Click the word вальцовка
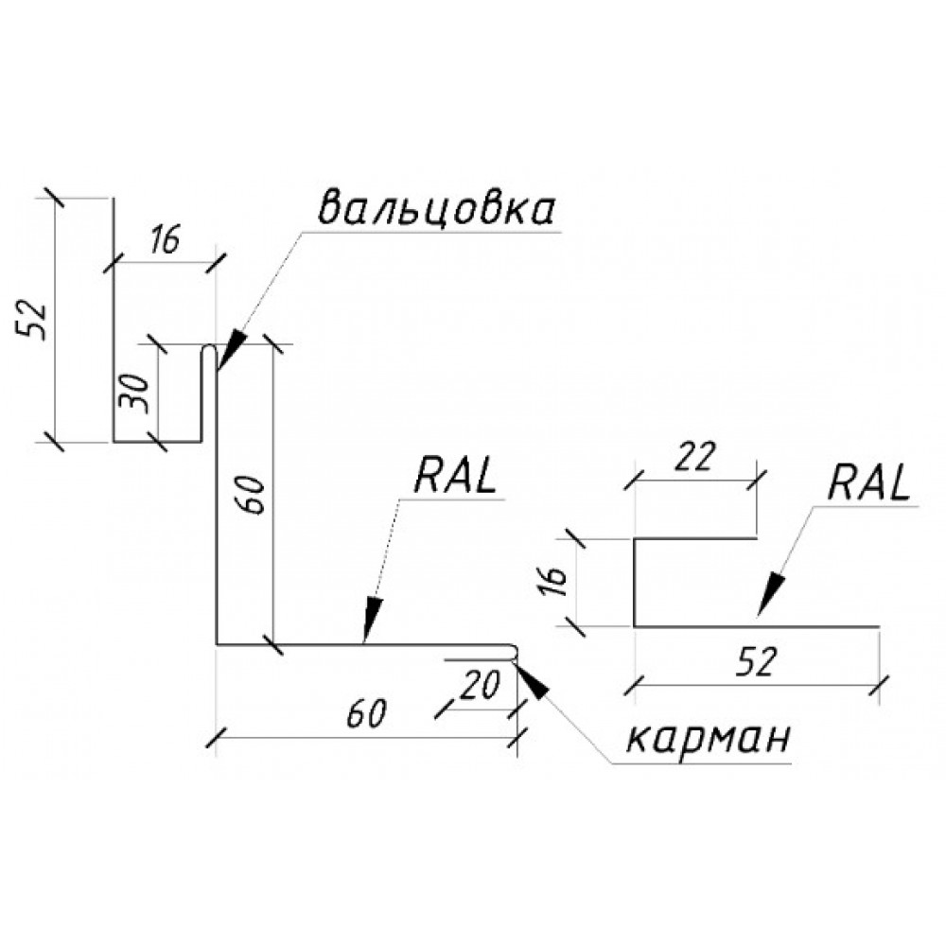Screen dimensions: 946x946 pos(435,209)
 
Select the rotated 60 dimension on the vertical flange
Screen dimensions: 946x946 pos(254,495)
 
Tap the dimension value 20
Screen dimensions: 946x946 pos(481,685)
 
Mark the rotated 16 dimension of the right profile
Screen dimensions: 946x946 pos(553,581)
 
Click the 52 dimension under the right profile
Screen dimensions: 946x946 pos(755,661)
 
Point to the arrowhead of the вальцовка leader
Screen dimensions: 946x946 pos(230,351)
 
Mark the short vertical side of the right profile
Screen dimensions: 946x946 pos(635,582)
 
